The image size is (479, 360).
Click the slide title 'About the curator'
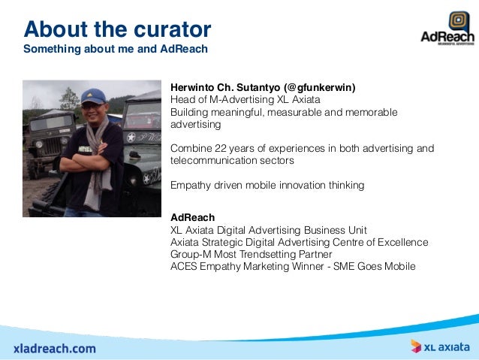[117, 29]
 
